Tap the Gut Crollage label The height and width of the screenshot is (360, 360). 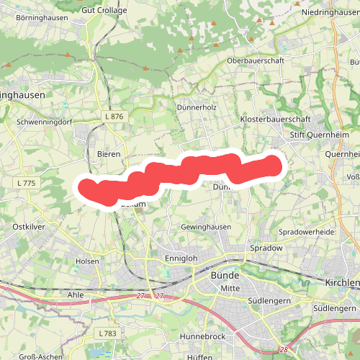point(104,11)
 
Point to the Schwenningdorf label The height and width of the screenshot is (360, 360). point(45,122)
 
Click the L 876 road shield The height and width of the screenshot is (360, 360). point(114,117)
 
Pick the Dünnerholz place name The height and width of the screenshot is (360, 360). point(197,107)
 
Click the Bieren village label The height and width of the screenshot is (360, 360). point(109,154)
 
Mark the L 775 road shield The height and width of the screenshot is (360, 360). point(24,184)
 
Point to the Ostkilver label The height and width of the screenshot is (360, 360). point(30,226)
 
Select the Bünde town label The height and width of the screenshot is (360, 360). point(225,275)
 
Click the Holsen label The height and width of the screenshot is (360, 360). point(87,261)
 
